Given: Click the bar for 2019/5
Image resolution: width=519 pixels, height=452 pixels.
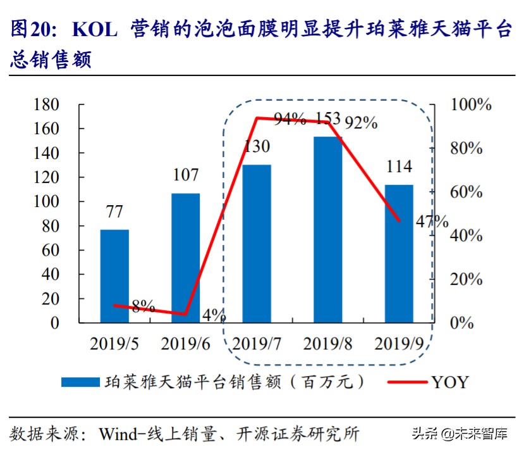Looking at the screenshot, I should [x=114, y=276].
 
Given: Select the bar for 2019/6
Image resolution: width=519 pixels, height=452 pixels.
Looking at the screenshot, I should [x=185, y=258].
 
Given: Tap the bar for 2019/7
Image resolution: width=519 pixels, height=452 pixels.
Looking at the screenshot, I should [x=257, y=244].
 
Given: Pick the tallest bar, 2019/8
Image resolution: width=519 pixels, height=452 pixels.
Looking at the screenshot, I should [x=328, y=229].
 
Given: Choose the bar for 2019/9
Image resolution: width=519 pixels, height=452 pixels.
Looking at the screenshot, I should [x=400, y=253].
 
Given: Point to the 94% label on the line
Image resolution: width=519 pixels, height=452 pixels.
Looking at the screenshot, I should [x=290, y=119].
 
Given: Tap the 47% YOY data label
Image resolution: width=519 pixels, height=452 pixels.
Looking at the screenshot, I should [x=432, y=222].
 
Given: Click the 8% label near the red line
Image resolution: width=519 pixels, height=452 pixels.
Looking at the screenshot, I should [x=143, y=307].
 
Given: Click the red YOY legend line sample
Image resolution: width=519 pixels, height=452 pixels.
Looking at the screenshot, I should [x=405, y=382].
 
